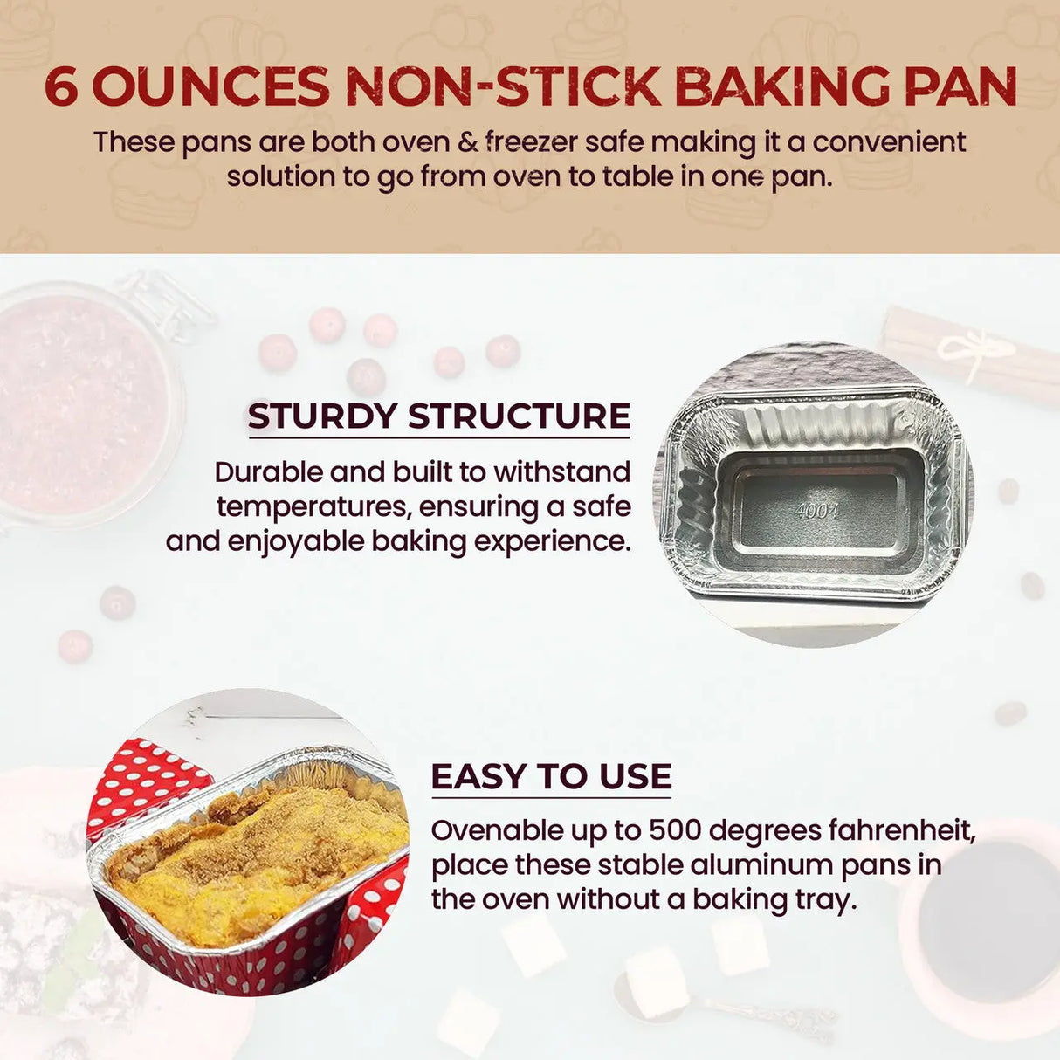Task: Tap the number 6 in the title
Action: pyautogui.click(x=61, y=86)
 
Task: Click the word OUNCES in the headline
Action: pyautogui.click(x=211, y=86)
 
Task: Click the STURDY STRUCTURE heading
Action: pyautogui.click(x=439, y=416)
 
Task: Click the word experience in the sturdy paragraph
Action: pyautogui.click(x=552, y=542)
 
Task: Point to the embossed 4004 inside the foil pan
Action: pyautogui.click(x=816, y=512)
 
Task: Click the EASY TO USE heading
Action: pyautogui.click(x=551, y=776)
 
